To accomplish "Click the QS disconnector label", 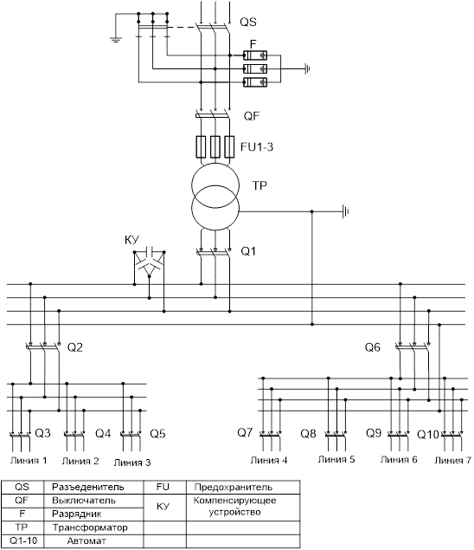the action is pyautogui.click(x=248, y=23).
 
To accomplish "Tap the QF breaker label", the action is pyautogui.click(x=252, y=116).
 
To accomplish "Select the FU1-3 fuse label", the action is pyautogui.click(x=257, y=146).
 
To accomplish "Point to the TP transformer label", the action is pyautogui.click(x=259, y=185).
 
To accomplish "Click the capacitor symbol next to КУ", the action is pyautogui.click(x=150, y=252).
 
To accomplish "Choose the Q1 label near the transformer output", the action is pyautogui.click(x=248, y=251).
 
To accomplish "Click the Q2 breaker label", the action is pyautogui.click(x=75, y=347).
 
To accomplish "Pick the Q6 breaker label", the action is pyautogui.click(x=373, y=347).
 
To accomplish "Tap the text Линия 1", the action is pyautogui.click(x=29, y=460).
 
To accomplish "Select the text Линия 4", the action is pyautogui.click(x=269, y=460).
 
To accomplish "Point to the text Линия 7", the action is pyautogui.click(x=453, y=460).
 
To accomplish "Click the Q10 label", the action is pyautogui.click(x=428, y=435).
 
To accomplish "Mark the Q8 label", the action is pyautogui.click(x=308, y=434).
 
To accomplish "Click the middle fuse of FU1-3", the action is pyautogui.click(x=215, y=146).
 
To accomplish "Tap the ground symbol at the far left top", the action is pyautogui.click(x=116, y=39).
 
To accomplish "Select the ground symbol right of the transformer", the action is pyautogui.click(x=346, y=211).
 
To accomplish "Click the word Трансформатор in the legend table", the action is pyautogui.click(x=90, y=527).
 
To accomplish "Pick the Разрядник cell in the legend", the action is pyautogui.click(x=77, y=514).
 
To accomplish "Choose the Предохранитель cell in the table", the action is pyautogui.click(x=234, y=488).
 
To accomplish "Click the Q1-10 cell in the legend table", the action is pyautogui.click(x=23, y=540).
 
